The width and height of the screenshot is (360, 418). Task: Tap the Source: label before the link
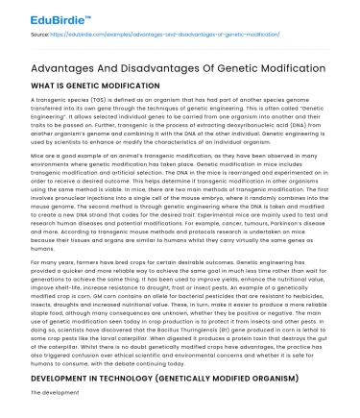pyautogui.click(x=40, y=33)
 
